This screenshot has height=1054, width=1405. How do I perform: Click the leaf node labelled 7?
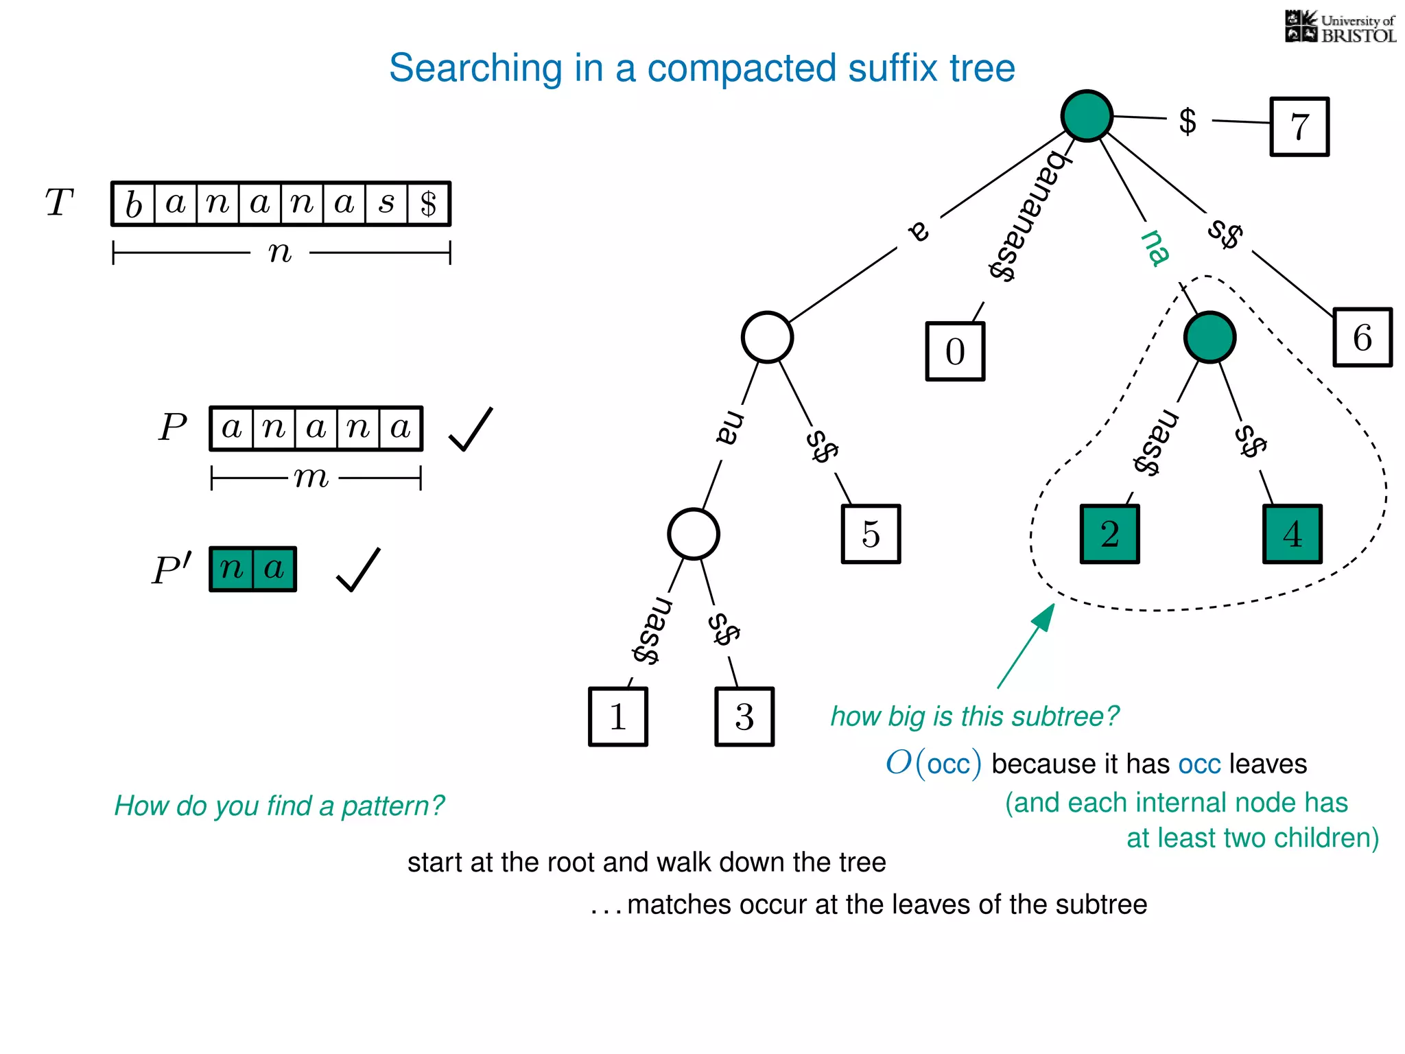[1299, 127]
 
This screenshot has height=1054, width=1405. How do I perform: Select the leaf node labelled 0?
[955, 351]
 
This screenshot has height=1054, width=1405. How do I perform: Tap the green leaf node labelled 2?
[1109, 535]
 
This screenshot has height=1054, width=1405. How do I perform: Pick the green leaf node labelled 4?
[1292, 535]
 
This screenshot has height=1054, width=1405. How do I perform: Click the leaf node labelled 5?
[871, 535]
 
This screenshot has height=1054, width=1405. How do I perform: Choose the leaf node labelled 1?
[617, 717]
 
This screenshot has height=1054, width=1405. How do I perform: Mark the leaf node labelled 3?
[744, 717]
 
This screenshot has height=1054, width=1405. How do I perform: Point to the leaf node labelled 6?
[1362, 338]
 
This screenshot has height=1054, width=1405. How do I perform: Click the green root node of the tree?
[1087, 116]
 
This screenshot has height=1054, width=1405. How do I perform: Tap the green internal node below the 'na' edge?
[1209, 338]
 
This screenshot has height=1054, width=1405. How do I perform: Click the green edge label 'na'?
[1155, 248]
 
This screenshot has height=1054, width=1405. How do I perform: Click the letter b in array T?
[134, 204]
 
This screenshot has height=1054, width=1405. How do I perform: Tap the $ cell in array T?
[429, 204]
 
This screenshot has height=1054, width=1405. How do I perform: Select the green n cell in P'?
[232, 569]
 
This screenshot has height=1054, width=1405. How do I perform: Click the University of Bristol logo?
[1340, 27]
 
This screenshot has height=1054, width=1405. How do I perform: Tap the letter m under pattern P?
[311, 477]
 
